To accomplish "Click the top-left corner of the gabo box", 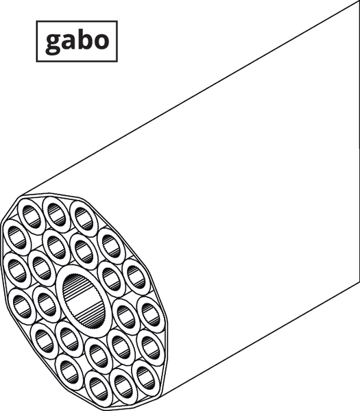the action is coord(36,21).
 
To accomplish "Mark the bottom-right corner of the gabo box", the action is coord(117,62).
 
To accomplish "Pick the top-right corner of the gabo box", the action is coord(117,21).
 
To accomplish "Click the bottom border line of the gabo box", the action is coord(77,62).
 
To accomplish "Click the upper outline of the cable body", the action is coord(190,99).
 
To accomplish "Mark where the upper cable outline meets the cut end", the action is coord(21,196).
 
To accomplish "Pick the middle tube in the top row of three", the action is coord(56,214).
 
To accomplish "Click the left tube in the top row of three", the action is coord(32,216).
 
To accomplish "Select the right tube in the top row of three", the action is coord(84,219).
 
